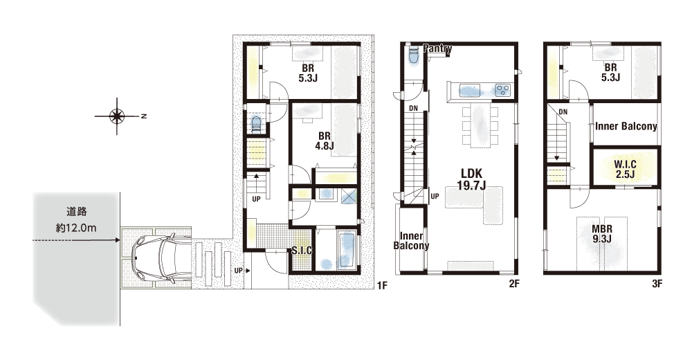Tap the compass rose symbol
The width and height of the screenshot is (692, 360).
click(x=117, y=116)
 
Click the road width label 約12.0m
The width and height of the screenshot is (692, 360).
click(x=76, y=228)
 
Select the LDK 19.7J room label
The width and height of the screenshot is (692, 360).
click(x=471, y=179)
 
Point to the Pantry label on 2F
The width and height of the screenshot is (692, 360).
click(x=437, y=48)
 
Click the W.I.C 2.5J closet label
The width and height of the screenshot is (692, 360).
click(x=625, y=169)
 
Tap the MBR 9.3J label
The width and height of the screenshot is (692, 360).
click(x=602, y=234)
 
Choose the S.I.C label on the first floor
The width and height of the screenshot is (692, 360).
click(x=302, y=251)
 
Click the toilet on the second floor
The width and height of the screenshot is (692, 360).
click(x=414, y=55)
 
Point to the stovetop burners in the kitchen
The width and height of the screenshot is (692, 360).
click(x=502, y=90)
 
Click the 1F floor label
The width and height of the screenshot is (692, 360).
click(x=382, y=285)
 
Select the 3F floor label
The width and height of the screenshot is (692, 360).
click(x=657, y=284)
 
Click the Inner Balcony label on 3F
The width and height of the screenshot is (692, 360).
click(x=626, y=126)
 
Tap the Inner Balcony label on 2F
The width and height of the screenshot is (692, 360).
click(x=411, y=241)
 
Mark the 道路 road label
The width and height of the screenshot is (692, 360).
click(x=77, y=212)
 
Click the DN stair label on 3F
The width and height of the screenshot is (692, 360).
click(x=563, y=112)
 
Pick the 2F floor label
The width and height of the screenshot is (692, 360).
click(x=514, y=284)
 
